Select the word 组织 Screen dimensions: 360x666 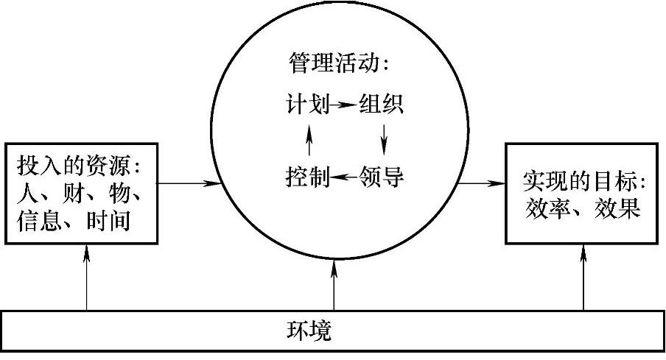[x=380, y=105]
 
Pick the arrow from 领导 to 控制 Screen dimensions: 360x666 [x=343, y=177]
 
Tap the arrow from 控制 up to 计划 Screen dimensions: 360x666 [x=309, y=141]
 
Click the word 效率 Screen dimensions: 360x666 [x=545, y=208]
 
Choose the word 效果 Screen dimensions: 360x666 [x=615, y=208]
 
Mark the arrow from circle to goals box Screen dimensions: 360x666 [x=480, y=181]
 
